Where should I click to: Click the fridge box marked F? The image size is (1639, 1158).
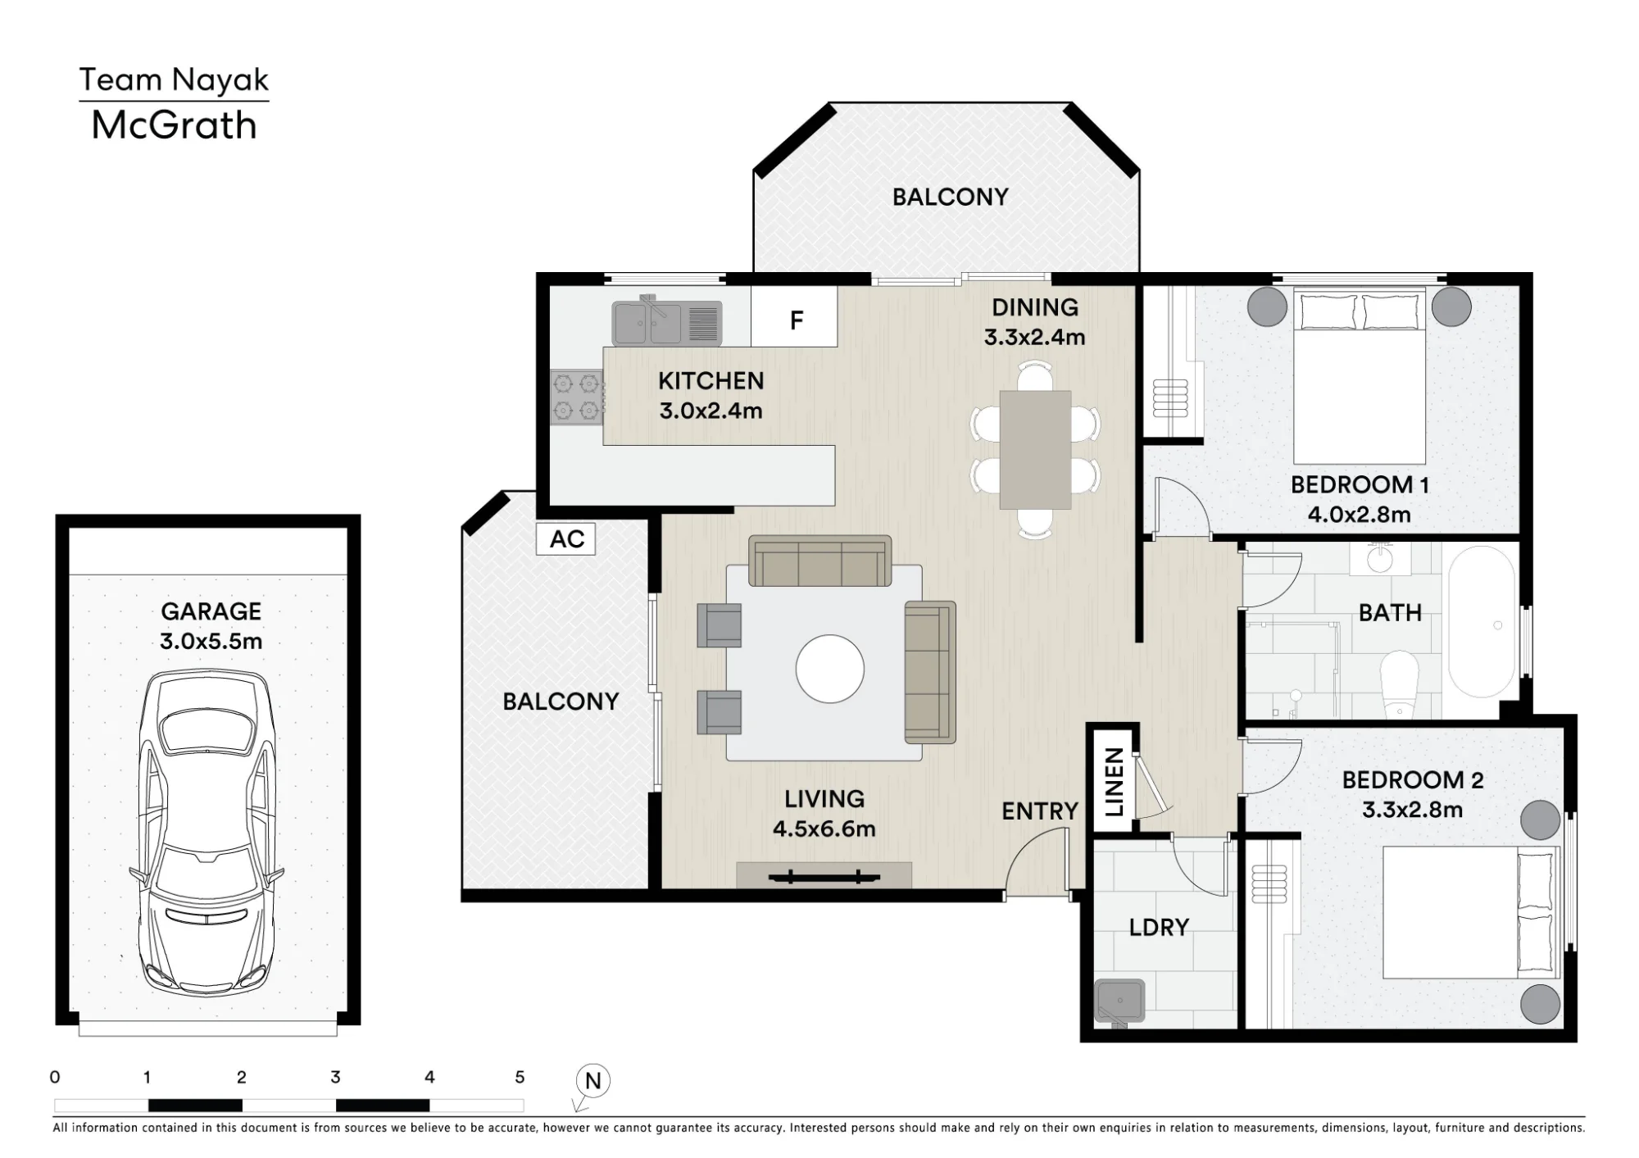click(794, 317)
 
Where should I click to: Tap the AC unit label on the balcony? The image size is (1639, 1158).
click(565, 539)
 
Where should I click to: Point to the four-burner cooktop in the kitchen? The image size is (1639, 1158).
click(576, 397)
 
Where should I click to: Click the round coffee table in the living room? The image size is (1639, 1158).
click(830, 669)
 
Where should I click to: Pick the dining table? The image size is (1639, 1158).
click(1035, 450)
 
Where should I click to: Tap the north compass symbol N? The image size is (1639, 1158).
click(592, 1081)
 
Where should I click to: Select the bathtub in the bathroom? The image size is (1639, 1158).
click(1482, 621)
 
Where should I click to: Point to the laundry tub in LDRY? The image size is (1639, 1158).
click(1119, 1001)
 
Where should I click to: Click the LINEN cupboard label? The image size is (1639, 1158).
click(1114, 782)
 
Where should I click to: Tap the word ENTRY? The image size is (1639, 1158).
click(1040, 811)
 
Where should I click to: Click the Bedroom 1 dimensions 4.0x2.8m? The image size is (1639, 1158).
click(1359, 515)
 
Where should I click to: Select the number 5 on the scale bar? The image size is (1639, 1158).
click(520, 1077)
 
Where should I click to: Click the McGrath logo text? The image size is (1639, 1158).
click(174, 125)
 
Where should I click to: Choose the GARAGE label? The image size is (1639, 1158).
click(211, 611)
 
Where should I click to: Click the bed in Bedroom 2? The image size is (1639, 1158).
click(1471, 913)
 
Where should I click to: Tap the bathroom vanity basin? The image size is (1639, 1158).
click(1381, 559)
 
